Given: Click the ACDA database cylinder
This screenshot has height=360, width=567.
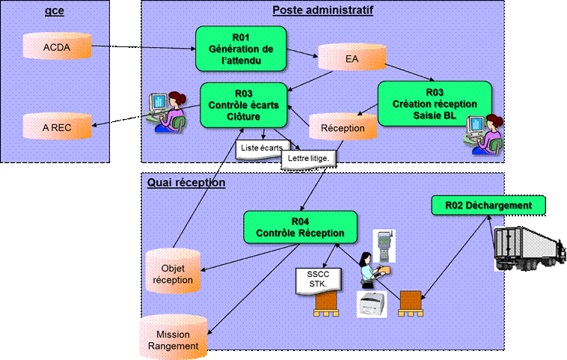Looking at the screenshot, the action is (57, 46).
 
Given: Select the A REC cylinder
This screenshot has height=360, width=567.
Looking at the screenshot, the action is (57, 126).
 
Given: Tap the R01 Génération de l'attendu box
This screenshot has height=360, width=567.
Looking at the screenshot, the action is (241, 49).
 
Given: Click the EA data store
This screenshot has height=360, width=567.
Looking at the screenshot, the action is (352, 57).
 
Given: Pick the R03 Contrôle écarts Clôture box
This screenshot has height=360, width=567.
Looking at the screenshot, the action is (243, 105).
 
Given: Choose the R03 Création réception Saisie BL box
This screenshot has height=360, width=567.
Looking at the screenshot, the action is (435, 103).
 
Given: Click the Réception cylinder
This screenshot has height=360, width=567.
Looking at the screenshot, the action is (343, 126).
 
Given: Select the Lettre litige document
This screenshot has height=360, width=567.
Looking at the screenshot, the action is (308, 159).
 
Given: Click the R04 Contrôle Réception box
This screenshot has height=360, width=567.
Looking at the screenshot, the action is (300, 228).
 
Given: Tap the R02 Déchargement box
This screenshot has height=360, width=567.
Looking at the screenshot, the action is (488, 206).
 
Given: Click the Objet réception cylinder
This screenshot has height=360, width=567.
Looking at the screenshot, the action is (173, 271).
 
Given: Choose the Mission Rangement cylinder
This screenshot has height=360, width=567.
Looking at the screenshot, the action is (174, 337).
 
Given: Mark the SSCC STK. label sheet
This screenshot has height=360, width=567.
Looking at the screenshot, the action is (318, 281).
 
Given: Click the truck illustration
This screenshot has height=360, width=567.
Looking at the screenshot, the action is (530, 248).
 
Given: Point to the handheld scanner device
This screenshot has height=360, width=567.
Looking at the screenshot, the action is (384, 246).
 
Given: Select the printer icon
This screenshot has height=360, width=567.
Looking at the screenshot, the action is (372, 305).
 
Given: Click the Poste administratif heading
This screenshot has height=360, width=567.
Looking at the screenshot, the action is (322, 10).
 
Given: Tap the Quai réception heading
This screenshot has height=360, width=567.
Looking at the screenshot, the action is (186, 183).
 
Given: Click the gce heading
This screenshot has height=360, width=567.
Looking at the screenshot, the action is (55, 10).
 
